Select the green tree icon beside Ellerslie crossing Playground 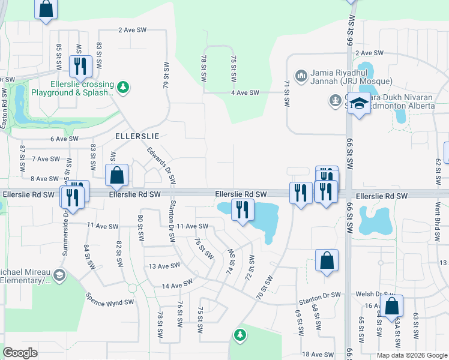[x=123, y=88]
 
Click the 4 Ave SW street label [x=244, y=92]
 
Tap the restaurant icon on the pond [x=243, y=210]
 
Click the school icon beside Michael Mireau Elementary [x=59, y=275]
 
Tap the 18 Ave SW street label [x=317, y=355]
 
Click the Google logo [x=20, y=353]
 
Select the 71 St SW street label [x=287, y=94]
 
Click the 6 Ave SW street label [x=65, y=139]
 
